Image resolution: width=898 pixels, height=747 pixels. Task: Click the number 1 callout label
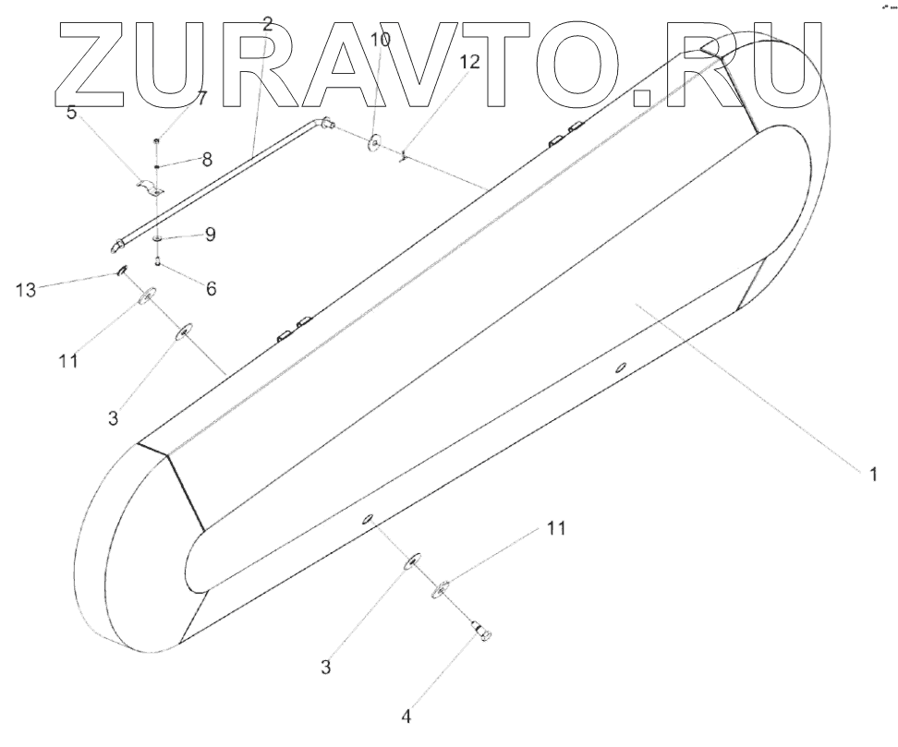pos(871,475)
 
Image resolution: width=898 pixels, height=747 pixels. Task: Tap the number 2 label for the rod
pos(267,25)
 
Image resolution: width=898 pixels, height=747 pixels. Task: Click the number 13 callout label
pos(26,291)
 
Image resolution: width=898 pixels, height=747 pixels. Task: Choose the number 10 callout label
pos(380,40)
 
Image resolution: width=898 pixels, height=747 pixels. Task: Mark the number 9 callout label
pos(211,235)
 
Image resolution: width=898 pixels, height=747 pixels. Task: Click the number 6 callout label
pos(211,289)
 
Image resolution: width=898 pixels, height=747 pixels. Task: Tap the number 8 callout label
pos(206,159)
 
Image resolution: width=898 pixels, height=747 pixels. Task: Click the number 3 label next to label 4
pos(325,666)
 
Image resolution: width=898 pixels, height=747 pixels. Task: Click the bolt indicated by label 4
pos(481,631)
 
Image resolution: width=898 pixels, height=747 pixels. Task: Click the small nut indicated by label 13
pos(121,271)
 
